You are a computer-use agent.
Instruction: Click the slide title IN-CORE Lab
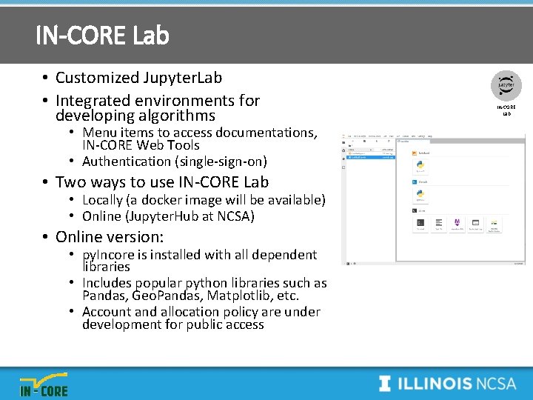(x=102, y=35)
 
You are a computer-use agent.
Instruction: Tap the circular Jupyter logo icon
(x=507, y=85)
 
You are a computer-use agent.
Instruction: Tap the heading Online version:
(x=110, y=237)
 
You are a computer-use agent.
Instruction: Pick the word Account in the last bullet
(x=107, y=312)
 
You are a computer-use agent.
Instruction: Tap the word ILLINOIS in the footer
(x=435, y=384)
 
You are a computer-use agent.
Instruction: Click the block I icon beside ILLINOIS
(x=385, y=384)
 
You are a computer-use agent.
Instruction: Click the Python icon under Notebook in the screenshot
(x=420, y=164)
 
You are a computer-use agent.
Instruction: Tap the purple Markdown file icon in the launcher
(x=457, y=223)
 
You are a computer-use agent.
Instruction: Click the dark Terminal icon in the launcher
(x=420, y=223)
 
